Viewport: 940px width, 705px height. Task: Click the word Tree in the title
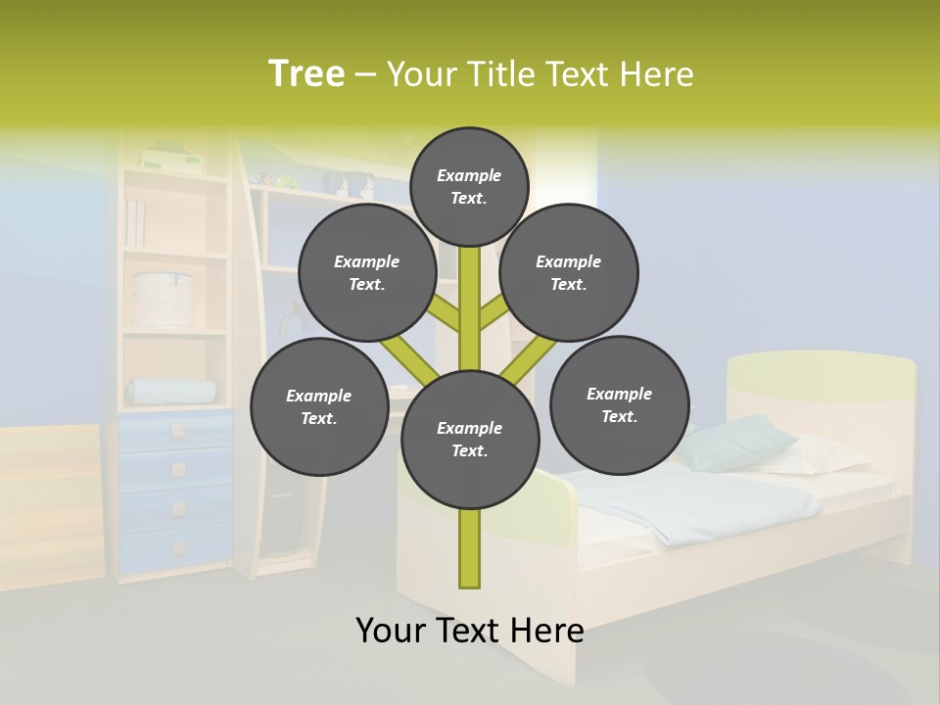pos(306,74)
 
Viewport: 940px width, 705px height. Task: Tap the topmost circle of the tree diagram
pos(469,186)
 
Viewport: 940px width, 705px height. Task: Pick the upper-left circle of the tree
pos(367,272)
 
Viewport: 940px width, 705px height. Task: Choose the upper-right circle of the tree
pos(569,272)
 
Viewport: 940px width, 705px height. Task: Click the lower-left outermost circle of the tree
pos(319,406)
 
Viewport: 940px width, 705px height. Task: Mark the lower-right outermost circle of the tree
pos(619,404)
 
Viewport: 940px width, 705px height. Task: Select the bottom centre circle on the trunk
pos(470,439)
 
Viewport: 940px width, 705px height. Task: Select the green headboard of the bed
pos(821,370)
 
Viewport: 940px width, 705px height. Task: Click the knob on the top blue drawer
pos(177,431)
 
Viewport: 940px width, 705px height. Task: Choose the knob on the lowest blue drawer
pos(178,547)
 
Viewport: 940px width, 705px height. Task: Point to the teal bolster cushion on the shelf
pos(172,393)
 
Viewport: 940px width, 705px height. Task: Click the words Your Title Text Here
pos(540,74)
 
